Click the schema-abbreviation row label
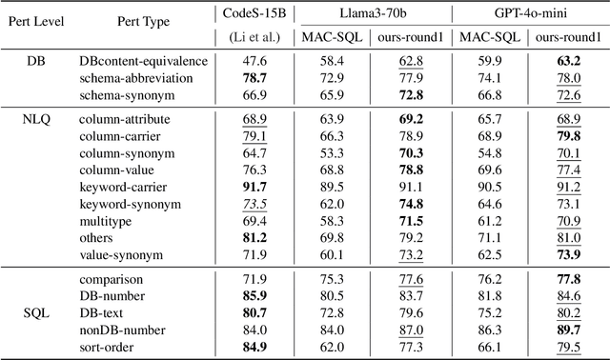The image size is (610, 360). click(136, 78)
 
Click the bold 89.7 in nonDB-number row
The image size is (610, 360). click(568, 330)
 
